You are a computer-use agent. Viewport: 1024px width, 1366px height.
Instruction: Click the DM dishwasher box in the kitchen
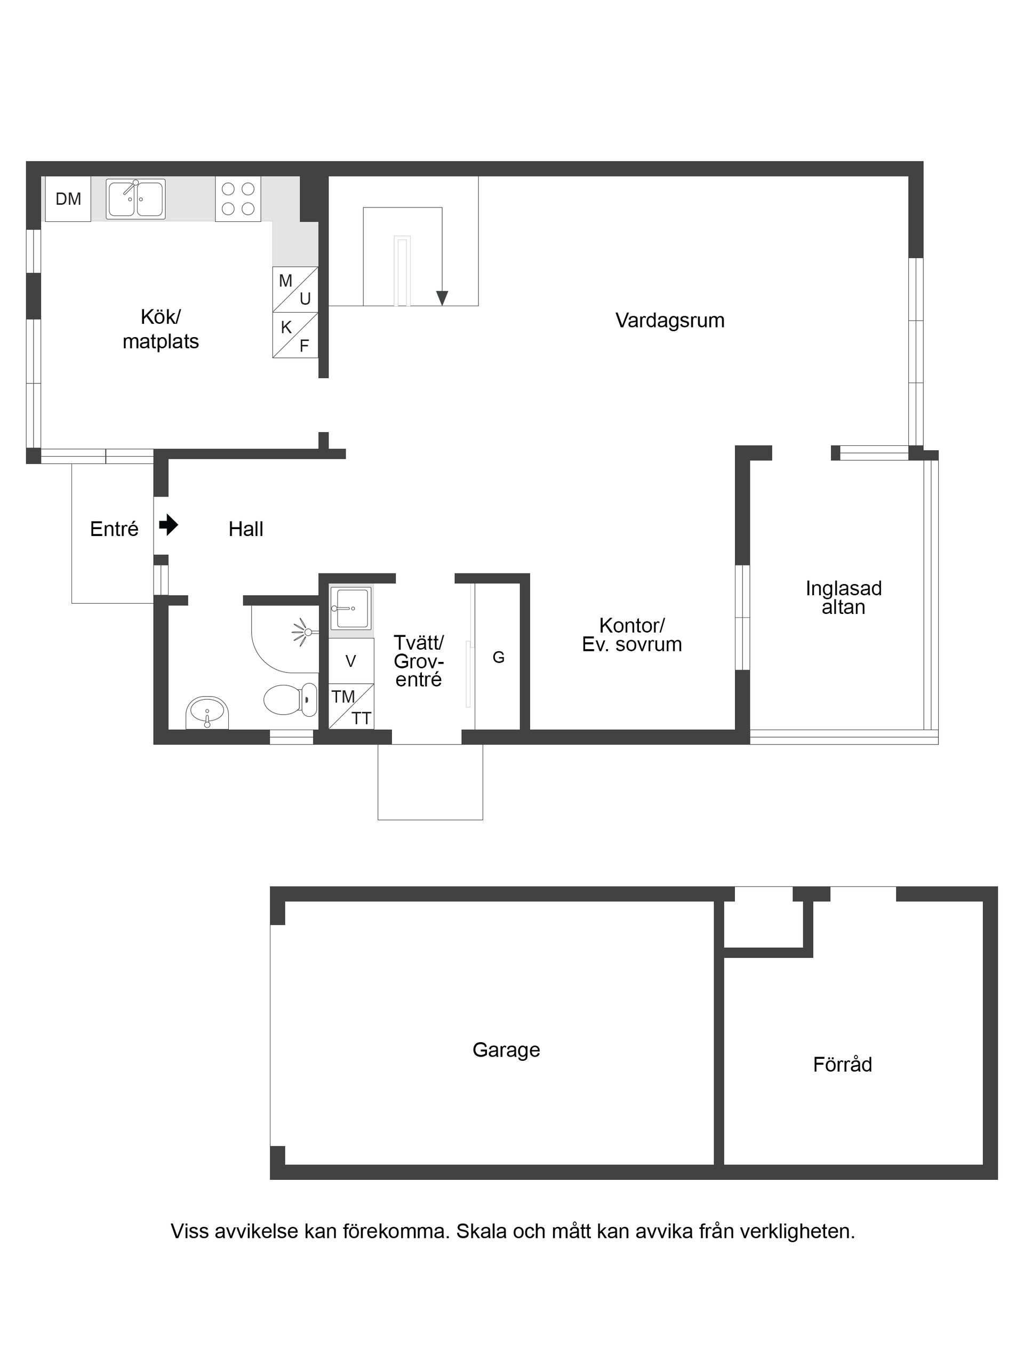tap(68, 199)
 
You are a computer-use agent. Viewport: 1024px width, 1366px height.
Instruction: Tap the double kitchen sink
tap(135, 199)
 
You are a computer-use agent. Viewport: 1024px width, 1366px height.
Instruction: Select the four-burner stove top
tap(238, 199)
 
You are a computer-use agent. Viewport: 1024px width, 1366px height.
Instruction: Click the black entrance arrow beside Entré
tap(168, 525)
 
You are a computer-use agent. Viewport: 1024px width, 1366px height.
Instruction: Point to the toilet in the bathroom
tap(289, 700)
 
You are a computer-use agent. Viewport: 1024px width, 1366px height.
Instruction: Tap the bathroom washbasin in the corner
tap(207, 713)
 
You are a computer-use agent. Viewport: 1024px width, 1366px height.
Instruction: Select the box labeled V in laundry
tap(351, 661)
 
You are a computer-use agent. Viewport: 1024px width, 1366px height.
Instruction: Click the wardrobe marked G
tap(499, 658)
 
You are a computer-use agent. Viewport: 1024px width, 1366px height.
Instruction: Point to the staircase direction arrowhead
tap(442, 298)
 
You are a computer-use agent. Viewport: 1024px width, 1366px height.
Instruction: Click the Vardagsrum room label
tap(669, 321)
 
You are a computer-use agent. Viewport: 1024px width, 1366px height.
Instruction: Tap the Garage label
tap(506, 1050)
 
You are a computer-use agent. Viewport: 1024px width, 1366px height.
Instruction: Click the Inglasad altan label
tap(843, 597)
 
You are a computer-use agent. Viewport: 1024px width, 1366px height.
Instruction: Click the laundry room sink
tap(351, 608)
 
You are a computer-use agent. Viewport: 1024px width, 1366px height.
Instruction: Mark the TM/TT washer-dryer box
tap(351, 706)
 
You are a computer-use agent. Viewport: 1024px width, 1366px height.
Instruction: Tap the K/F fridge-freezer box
tap(295, 335)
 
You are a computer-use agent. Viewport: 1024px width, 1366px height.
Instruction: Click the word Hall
tap(246, 529)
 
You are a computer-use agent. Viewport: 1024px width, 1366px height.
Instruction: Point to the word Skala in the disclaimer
tap(482, 1232)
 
